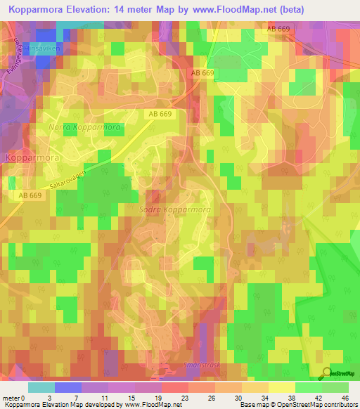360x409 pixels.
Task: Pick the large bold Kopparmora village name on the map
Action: coord(32,158)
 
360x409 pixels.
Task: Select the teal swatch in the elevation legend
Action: coord(41,387)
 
